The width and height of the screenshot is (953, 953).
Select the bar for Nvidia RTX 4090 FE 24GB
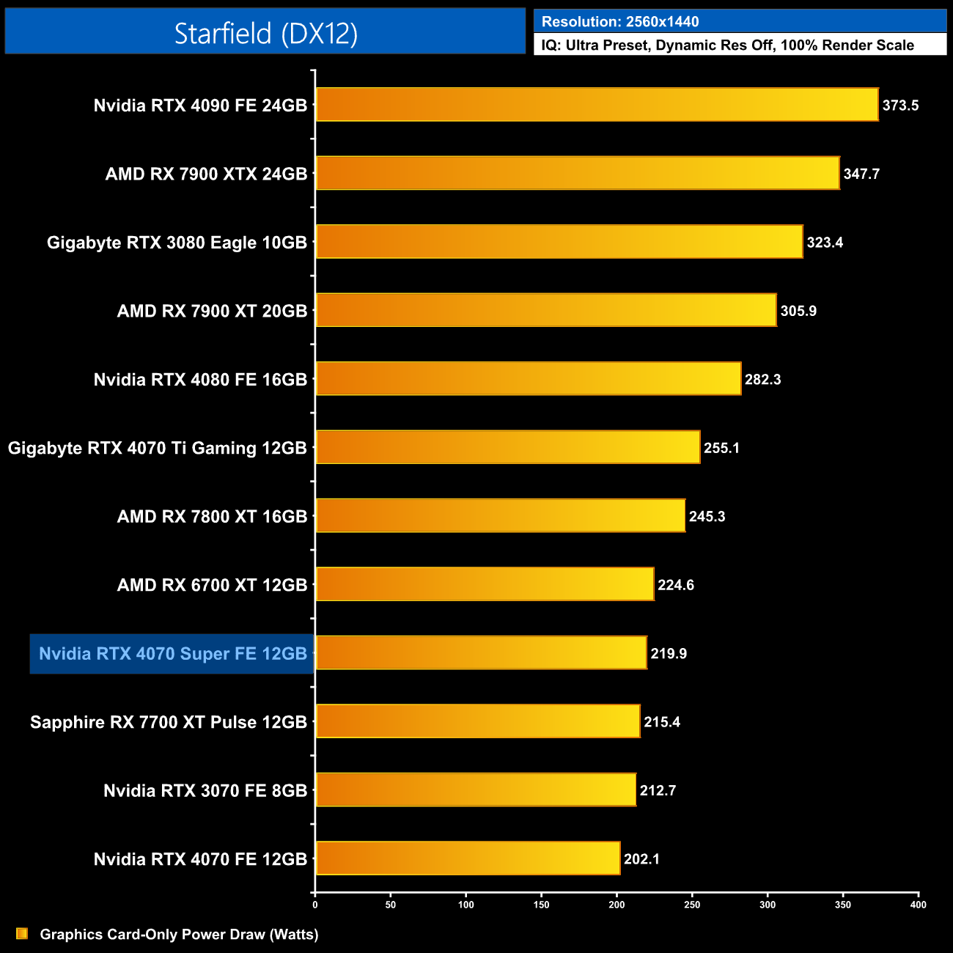click(x=597, y=105)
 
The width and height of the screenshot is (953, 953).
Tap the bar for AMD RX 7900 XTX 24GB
click(x=578, y=173)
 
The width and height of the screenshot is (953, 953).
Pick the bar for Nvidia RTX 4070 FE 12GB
click(x=468, y=858)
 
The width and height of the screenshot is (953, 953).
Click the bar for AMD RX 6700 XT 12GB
click(x=485, y=584)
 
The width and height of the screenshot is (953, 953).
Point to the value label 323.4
click(x=825, y=243)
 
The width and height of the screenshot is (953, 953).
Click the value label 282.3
click(x=762, y=380)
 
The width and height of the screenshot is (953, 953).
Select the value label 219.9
click(x=669, y=654)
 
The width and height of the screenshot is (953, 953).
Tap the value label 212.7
click(x=658, y=791)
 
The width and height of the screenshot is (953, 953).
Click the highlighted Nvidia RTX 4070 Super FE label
click(x=173, y=654)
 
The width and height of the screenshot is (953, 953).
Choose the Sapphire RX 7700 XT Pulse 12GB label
click(x=169, y=722)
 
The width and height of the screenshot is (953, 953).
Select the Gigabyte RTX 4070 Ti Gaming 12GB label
click(x=158, y=448)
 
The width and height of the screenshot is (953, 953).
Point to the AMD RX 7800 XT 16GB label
click(x=212, y=517)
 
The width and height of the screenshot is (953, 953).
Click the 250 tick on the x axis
click(x=692, y=905)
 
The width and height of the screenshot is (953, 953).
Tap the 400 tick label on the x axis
click(x=918, y=905)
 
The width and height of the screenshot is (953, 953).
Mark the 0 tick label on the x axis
click(x=315, y=905)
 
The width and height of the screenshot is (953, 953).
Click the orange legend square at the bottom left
click(x=22, y=934)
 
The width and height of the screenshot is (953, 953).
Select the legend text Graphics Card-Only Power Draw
click(x=180, y=935)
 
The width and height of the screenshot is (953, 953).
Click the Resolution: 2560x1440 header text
click(x=620, y=22)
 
